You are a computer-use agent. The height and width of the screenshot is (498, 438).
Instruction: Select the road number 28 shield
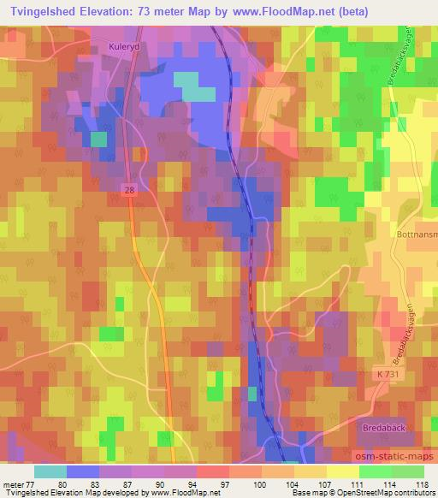[129, 195]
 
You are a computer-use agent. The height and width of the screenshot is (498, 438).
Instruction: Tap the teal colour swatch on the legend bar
[50, 471]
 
